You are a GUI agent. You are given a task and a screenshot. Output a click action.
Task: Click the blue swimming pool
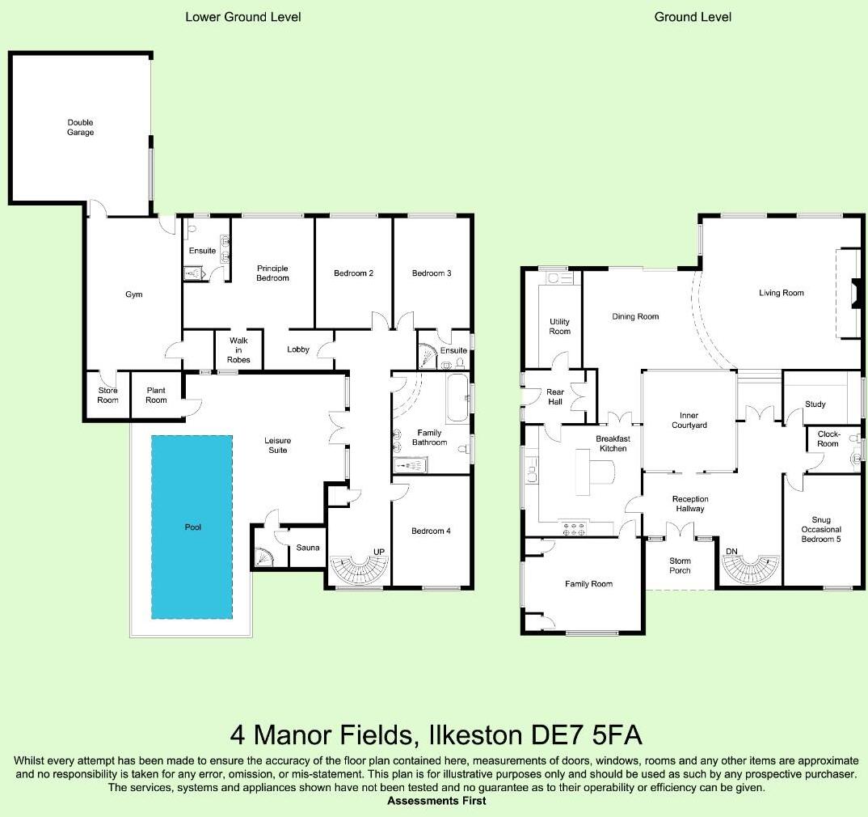pos(192,527)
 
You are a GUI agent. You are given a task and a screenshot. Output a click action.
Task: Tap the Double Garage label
pos(80,127)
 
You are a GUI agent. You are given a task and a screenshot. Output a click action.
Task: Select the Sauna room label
pos(308,548)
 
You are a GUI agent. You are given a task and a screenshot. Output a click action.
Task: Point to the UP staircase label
pos(379,552)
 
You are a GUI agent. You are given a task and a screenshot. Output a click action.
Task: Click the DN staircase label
pos(731,551)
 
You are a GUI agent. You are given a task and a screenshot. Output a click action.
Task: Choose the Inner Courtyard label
pos(689,421)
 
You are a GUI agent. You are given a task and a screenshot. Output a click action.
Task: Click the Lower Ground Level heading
pos(243,17)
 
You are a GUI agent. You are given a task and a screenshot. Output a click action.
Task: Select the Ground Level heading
pos(693,17)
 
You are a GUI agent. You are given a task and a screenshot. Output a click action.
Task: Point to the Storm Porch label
pos(680,565)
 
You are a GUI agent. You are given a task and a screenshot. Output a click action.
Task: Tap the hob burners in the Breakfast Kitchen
pos(574,529)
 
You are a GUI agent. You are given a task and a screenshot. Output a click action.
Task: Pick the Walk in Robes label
pos(238,350)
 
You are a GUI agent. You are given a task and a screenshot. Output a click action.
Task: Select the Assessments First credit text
pos(436,800)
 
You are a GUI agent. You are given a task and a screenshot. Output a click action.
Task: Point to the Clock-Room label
pos(828,438)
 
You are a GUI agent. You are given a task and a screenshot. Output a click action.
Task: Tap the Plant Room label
pos(156,395)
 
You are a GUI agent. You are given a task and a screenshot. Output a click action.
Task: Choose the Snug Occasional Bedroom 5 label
pos(821,529)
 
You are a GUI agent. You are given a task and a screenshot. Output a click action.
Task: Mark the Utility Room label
pos(559,326)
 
